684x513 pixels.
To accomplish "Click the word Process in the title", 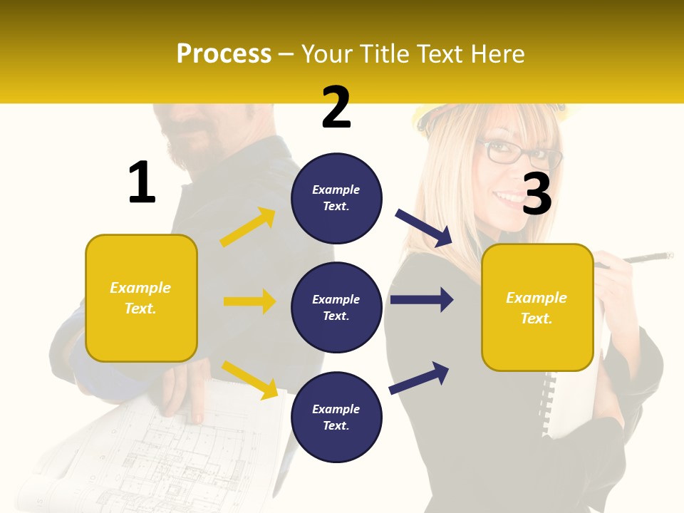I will [x=224, y=54].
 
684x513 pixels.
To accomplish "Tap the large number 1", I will [x=142, y=182].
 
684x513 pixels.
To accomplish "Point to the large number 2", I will [x=336, y=108].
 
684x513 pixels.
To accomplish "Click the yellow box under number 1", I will [x=141, y=298].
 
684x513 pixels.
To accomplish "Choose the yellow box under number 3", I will [x=537, y=308].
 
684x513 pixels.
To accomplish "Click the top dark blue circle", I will [x=336, y=198].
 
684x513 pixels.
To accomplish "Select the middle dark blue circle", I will [x=336, y=308].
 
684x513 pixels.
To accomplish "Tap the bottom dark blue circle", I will [x=336, y=417].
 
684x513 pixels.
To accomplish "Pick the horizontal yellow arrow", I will [x=249, y=301].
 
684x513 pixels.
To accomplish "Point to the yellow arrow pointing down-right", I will [x=249, y=380].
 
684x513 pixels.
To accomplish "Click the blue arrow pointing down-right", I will [x=424, y=228].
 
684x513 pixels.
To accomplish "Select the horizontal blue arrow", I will [x=422, y=299].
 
